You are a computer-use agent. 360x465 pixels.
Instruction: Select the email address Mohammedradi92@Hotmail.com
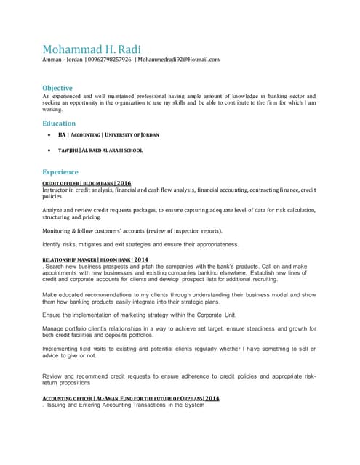(x=179, y=60)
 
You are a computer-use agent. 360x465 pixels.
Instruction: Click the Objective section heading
(x=57, y=88)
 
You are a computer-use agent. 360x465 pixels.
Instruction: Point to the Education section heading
(x=59, y=124)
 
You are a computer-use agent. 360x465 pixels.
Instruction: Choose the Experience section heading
(x=60, y=172)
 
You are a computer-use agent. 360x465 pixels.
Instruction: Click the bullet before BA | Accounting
(x=48, y=135)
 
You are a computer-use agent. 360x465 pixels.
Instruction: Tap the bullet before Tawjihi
(x=48, y=150)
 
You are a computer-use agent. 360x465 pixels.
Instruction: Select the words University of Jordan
(x=132, y=135)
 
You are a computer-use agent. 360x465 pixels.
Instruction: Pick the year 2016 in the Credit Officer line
(x=124, y=183)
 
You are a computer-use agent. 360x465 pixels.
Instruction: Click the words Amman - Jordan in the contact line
(x=62, y=60)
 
